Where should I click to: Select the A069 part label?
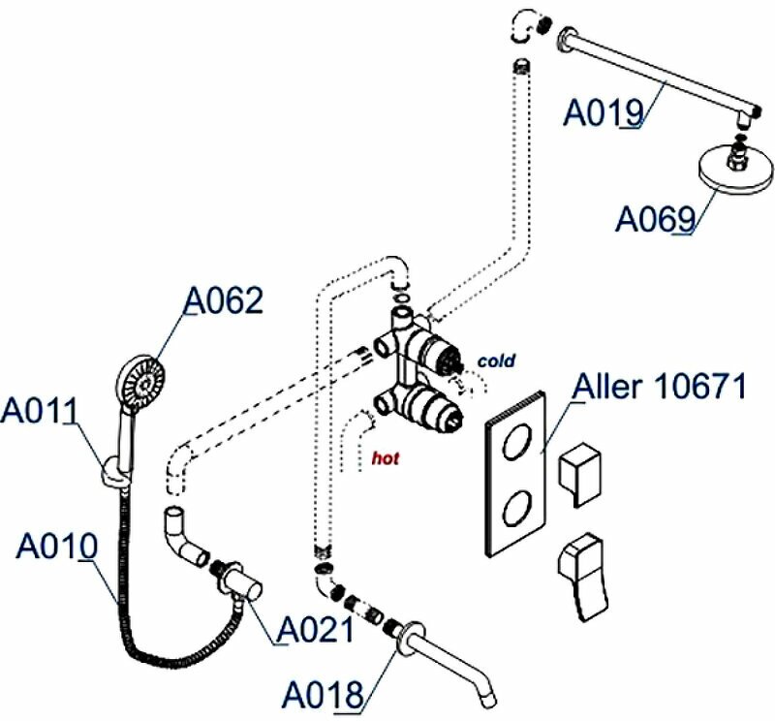[656, 219]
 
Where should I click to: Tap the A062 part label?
[223, 301]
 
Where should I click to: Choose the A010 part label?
[56, 546]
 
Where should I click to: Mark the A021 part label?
[315, 630]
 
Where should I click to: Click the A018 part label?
[323, 694]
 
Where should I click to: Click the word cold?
[496, 360]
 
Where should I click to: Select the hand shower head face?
[141, 381]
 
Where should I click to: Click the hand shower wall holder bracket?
[114, 472]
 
